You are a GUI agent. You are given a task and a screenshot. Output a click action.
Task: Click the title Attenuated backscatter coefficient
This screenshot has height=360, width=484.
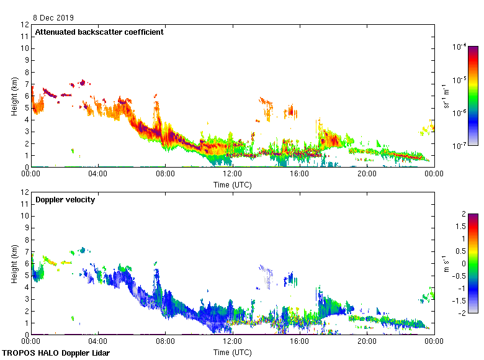(99, 32)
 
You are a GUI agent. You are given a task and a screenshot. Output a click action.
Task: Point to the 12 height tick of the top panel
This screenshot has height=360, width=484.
(25, 25)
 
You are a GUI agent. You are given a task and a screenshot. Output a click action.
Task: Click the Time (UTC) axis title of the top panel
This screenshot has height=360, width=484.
(233, 184)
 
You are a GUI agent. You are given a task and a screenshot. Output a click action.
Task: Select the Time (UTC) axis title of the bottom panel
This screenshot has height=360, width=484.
(233, 352)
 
